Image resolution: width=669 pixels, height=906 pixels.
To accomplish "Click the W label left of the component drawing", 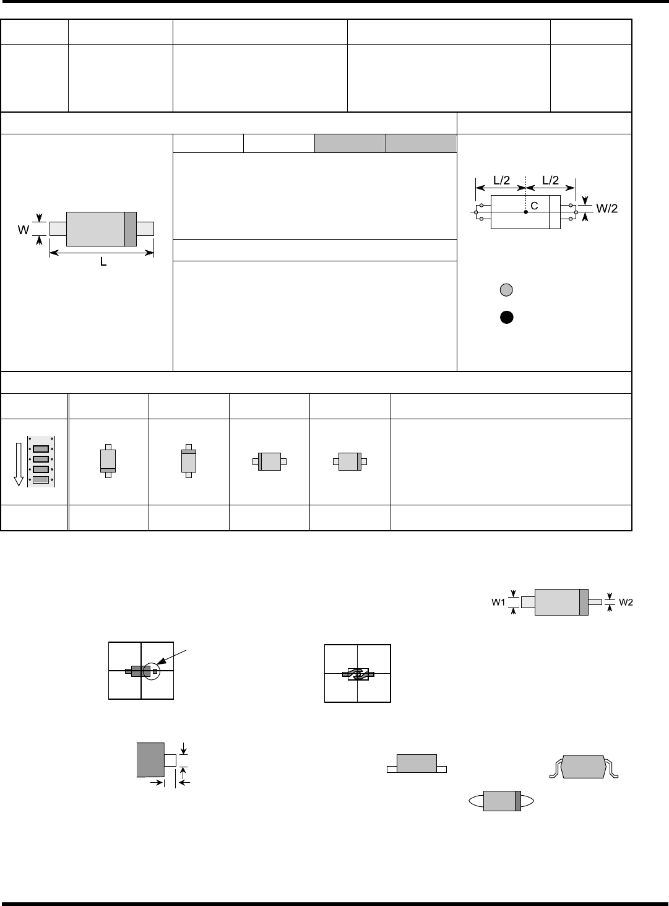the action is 22,229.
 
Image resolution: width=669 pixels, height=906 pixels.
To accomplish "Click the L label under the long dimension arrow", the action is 103,263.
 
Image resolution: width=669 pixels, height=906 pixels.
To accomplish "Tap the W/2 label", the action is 607,209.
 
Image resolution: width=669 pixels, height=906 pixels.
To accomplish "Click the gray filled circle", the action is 506,290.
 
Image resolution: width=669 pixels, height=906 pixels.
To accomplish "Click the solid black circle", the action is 506,318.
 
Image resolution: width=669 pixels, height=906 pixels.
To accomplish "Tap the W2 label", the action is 626,601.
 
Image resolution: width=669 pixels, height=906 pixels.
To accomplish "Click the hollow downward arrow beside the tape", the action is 19,463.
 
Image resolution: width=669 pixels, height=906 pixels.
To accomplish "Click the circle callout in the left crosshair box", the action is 151,671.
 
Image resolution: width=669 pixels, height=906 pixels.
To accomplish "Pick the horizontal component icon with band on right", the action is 350,461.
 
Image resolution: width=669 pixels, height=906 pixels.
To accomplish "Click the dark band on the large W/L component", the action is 130,229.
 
